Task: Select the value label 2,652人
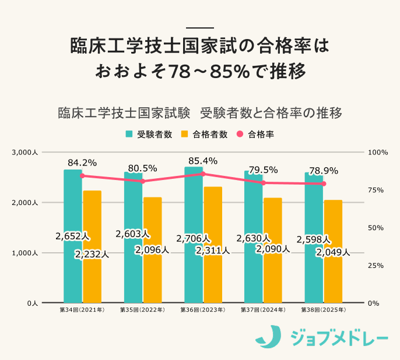coord(72,237)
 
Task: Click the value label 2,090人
coord(272,249)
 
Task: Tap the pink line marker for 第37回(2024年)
coord(264,183)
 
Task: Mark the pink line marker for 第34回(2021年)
coord(82,176)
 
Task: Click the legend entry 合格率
coord(261,135)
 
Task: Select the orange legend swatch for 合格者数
coord(185,135)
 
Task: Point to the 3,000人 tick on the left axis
coord(24,153)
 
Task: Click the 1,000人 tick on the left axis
coord(24,253)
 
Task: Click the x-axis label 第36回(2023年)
coord(202,310)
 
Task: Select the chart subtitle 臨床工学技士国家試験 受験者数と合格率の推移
coord(199,112)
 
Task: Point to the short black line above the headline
coord(199,27)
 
